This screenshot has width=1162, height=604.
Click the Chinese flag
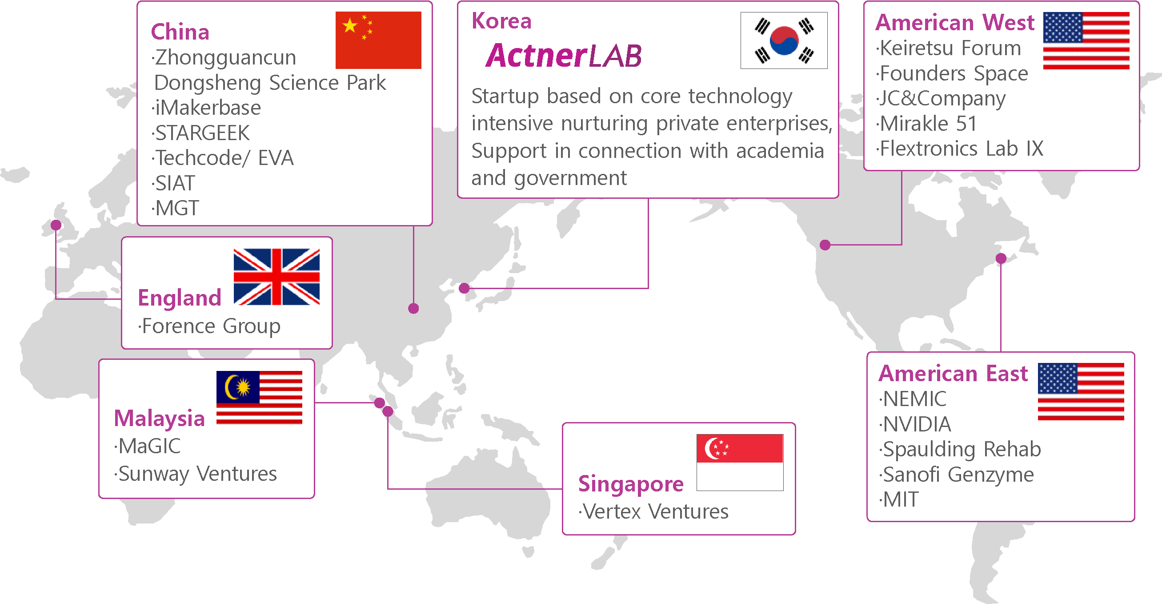[378, 40]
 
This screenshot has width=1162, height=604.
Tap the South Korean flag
[784, 40]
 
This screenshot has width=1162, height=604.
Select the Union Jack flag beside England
[276, 277]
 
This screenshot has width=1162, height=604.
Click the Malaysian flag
[259, 398]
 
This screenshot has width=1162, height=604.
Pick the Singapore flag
[740, 462]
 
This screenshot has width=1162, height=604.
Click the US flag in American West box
[1086, 40]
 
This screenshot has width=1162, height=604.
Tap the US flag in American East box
[1081, 391]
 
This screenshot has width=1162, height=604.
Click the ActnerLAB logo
[563, 56]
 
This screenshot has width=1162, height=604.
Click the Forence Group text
[209, 326]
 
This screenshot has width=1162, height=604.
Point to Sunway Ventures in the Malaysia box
[196, 474]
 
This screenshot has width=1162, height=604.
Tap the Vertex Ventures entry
[653, 511]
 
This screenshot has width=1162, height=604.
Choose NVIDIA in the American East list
[915, 424]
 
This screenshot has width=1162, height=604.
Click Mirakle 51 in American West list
[926, 123]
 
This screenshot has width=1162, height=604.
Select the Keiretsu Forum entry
[949, 48]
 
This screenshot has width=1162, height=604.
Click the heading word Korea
[501, 21]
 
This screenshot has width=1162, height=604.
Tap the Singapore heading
[631, 484]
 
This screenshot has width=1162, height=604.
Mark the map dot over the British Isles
[56, 225]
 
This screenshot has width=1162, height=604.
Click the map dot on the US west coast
[825, 245]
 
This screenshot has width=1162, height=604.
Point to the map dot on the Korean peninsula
[464, 288]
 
